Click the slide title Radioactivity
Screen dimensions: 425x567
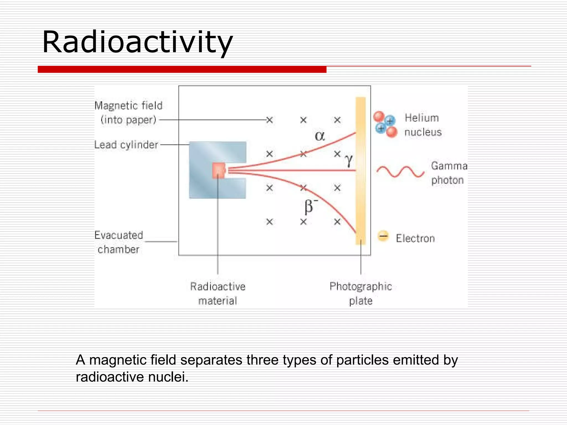point(137,42)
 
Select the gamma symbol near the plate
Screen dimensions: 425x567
point(349,160)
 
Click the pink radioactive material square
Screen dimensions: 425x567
point(219,170)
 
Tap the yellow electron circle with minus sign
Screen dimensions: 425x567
point(383,236)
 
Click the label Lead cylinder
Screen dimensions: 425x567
point(126,145)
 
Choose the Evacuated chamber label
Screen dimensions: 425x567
point(118,242)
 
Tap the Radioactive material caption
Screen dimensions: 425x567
point(218,294)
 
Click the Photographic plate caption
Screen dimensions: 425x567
point(360,294)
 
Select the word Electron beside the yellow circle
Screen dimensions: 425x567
point(415,239)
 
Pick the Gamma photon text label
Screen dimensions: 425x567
point(449,173)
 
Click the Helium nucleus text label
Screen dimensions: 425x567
point(422,125)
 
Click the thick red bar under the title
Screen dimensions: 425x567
point(182,69)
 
